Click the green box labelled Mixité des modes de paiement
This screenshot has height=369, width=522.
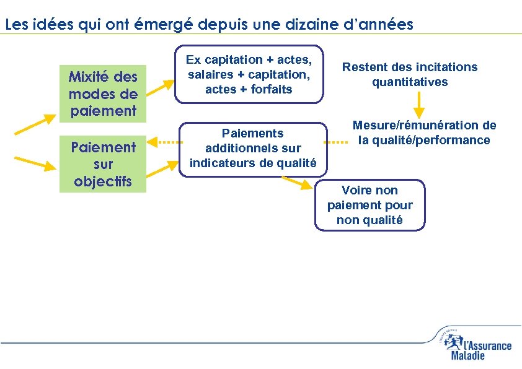coord(102,94)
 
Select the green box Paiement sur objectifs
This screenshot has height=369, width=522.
coord(102,164)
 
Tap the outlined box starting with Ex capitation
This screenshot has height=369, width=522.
coord(249,74)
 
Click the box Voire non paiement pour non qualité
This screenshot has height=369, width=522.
coord(369,205)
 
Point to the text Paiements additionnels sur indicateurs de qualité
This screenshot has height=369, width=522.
coord(253,148)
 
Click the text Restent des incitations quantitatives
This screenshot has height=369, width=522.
coord(410,74)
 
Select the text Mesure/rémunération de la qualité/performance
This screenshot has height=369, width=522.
coord(425,132)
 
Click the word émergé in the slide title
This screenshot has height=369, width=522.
coord(162,25)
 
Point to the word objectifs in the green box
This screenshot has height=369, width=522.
coord(102,181)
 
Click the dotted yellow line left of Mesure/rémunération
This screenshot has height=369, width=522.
coord(337,142)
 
